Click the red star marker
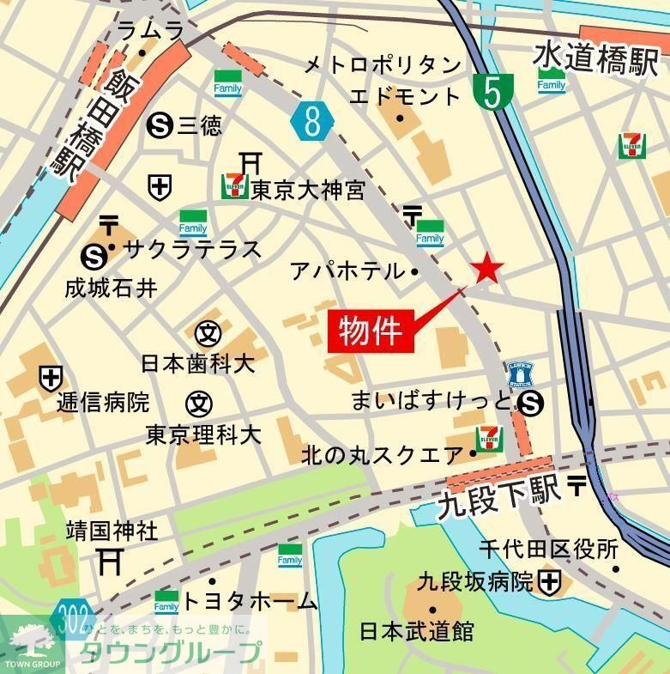487,269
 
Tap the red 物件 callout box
371,330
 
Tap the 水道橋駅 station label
595,58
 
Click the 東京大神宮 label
308,190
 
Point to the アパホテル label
347,271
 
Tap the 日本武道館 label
416,632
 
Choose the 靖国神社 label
112,531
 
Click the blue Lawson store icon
520,375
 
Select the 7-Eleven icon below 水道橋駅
632,145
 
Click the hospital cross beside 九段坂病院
550,583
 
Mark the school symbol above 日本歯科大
208,332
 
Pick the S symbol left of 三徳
159,126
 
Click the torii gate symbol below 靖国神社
110,562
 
